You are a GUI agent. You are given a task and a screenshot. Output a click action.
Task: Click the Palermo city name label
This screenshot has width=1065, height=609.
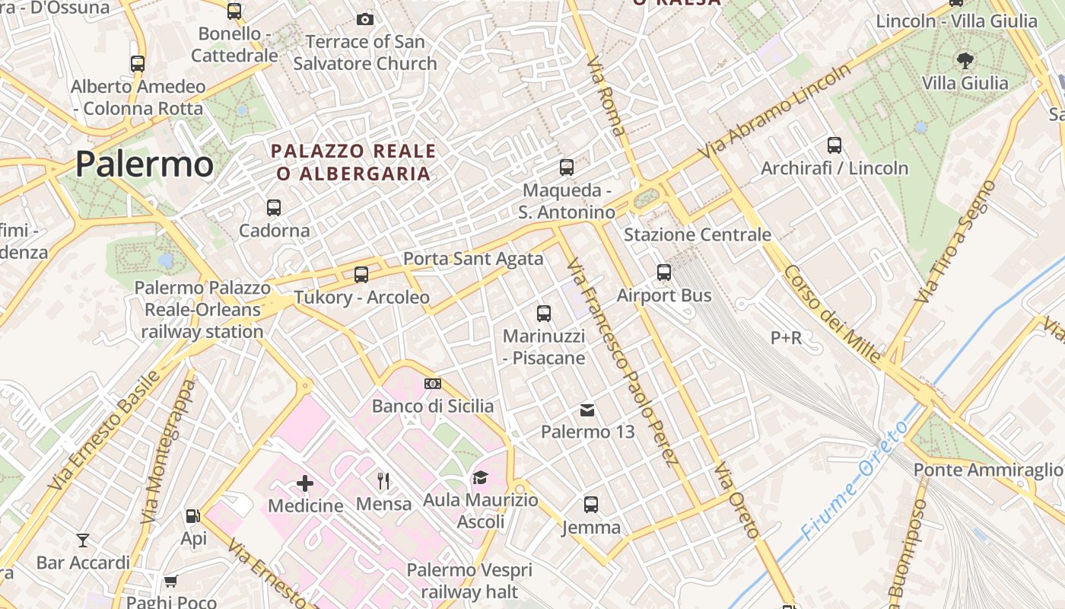tap(145, 164)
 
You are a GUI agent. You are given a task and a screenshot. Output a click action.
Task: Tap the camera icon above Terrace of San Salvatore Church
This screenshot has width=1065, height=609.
tap(365, 19)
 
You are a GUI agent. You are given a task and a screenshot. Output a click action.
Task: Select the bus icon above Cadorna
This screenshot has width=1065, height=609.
tap(274, 207)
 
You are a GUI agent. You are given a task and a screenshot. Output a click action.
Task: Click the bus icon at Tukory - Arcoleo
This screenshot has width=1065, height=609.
tap(361, 275)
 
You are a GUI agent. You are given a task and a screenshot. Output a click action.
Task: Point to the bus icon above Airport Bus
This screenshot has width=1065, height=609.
tap(664, 273)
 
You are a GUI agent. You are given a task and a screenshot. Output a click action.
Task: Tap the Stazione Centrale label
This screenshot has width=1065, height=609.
tap(698, 234)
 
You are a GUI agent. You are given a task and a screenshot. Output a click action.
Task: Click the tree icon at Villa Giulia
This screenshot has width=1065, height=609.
tap(965, 60)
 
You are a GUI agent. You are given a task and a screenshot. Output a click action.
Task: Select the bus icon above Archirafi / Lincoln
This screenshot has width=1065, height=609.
tap(835, 145)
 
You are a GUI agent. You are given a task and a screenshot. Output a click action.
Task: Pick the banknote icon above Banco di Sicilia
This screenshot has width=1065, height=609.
tap(433, 384)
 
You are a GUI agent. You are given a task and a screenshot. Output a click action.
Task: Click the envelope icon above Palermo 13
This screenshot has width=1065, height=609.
tap(587, 410)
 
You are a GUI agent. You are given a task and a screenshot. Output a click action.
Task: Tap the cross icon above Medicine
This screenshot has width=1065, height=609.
tap(305, 483)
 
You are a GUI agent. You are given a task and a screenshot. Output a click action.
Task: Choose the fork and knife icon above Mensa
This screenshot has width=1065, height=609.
tap(383, 481)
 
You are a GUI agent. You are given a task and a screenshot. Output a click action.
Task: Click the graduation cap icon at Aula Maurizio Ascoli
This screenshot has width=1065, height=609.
tap(480, 478)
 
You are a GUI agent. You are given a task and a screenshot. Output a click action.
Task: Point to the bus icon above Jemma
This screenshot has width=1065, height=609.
tap(591, 504)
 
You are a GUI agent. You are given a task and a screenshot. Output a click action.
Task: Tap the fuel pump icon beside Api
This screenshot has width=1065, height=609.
tap(192, 516)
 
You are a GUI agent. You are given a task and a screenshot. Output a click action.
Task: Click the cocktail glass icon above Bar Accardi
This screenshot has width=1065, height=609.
tap(83, 540)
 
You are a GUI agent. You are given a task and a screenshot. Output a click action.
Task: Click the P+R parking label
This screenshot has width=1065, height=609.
tap(786, 337)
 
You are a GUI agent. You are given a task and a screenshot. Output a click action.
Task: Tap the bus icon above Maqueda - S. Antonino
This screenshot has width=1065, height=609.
tap(567, 167)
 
